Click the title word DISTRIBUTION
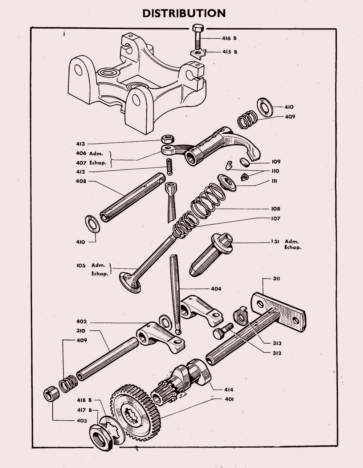coord(184,13)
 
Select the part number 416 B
coord(229,38)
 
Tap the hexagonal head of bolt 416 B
coord(198,28)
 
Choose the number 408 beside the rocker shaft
coord(81,181)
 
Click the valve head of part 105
coord(130,282)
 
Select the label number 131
coord(275,242)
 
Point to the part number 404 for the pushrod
coord(216,289)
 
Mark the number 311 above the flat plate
coord(277,279)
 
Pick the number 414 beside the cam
coord(229,389)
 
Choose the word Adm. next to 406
coord(96,153)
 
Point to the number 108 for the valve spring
coord(276,209)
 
